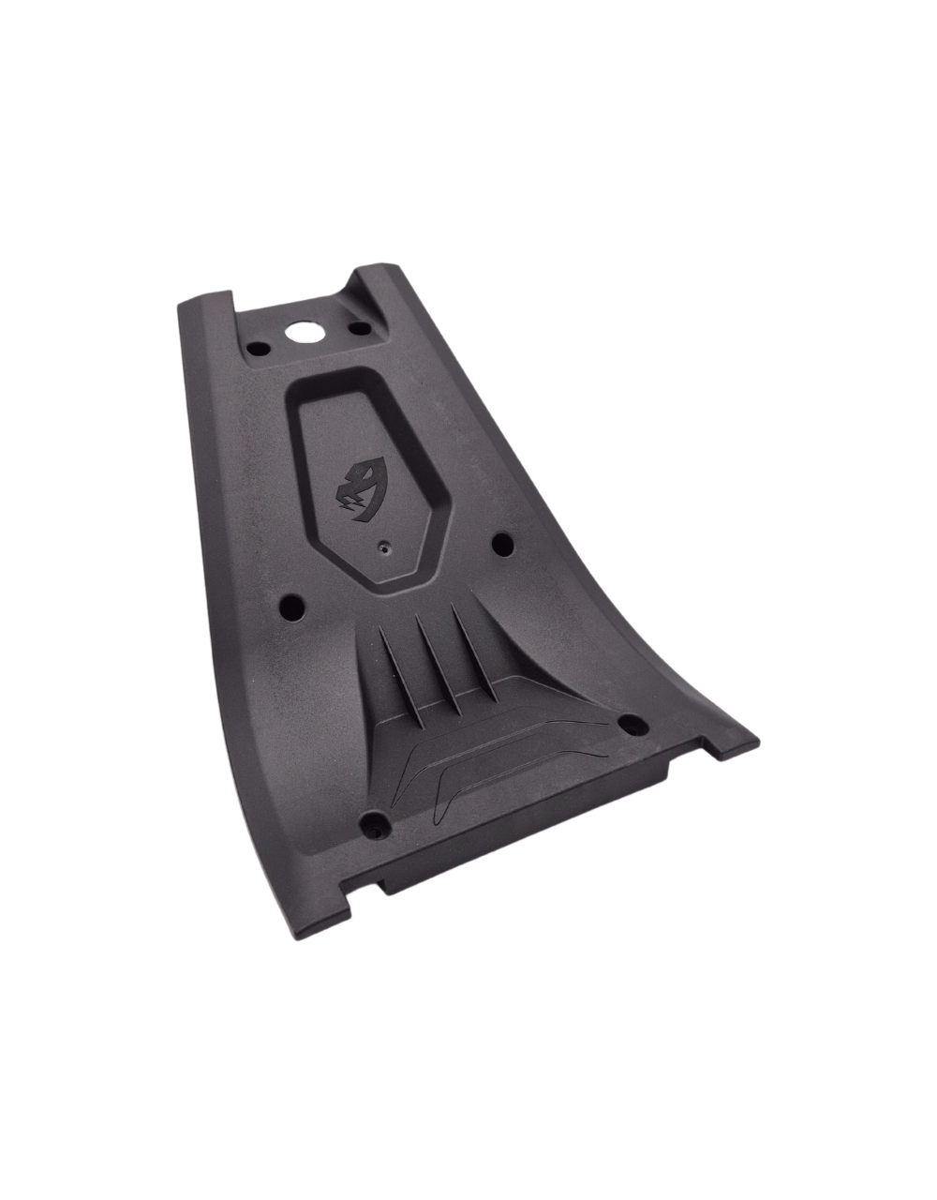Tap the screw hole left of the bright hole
[x=257, y=349]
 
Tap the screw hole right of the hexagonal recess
[x=501, y=542]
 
